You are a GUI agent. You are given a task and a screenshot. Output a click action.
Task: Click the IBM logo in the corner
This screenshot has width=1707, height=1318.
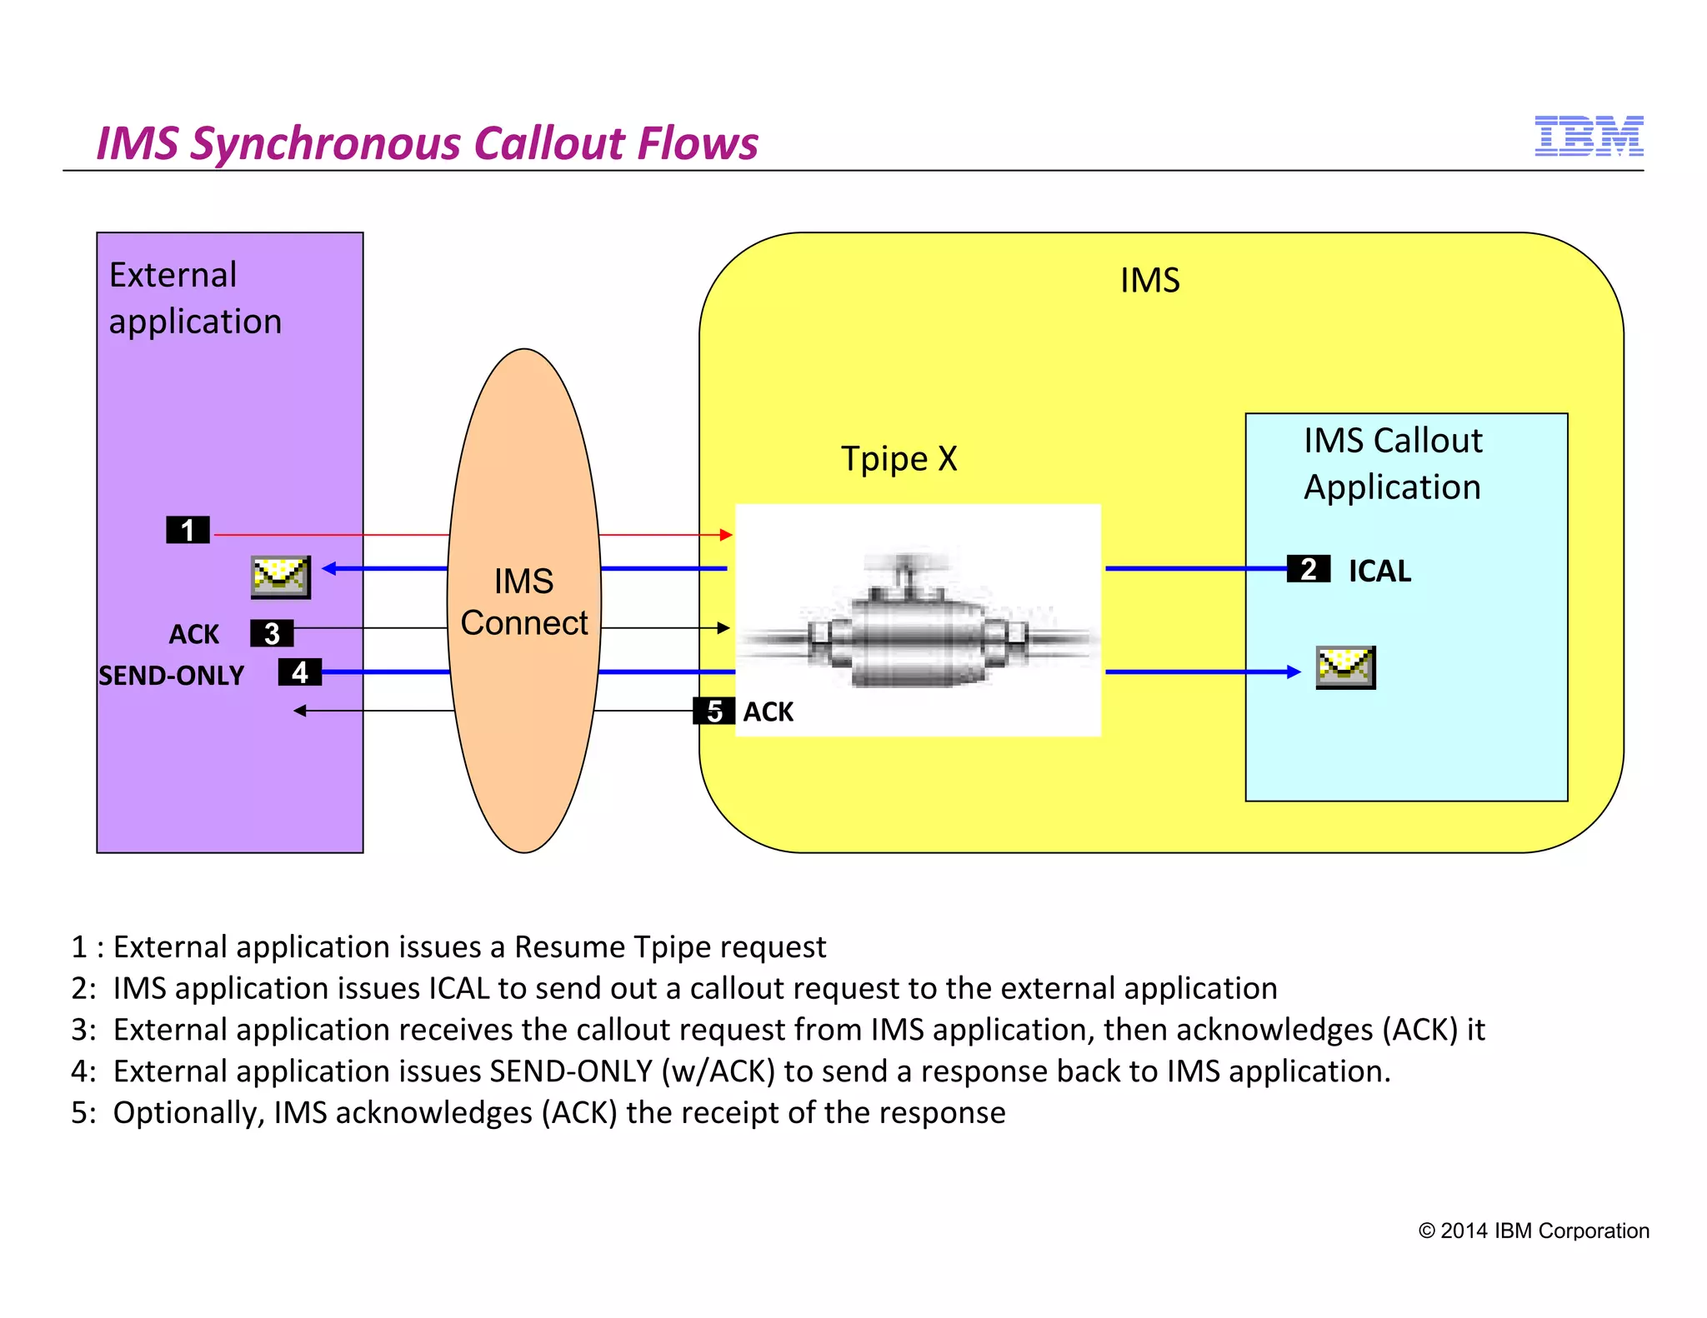[x=1588, y=137]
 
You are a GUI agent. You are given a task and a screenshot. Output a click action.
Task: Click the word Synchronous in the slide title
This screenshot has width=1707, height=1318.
[x=326, y=143]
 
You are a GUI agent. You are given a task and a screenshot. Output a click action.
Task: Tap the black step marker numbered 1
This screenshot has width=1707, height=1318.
[x=188, y=530]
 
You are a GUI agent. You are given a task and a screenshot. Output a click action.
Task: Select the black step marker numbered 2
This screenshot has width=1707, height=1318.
[x=1308, y=569]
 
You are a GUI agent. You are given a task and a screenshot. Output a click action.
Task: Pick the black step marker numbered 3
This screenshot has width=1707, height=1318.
[x=272, y=633]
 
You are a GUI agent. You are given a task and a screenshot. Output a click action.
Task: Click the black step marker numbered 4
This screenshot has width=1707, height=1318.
[x=299, y=671]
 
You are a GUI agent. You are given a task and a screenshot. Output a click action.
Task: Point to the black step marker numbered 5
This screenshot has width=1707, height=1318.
[x=714, y=711]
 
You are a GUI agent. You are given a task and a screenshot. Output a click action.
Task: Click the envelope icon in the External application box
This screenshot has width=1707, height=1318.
[x=281, y=577]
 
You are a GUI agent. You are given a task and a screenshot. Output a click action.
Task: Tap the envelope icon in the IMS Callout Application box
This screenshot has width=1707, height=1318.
[x=1345, y=667]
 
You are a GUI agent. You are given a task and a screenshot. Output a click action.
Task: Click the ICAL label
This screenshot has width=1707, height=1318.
[x=1379, y=571]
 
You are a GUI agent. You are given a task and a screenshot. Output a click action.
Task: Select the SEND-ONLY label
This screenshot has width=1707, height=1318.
[x=172, y=675]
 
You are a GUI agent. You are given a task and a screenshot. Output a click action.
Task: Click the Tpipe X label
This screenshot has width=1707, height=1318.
[x=899, y=458]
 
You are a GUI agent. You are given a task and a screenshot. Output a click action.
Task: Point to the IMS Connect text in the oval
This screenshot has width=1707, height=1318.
[x=524, y=602]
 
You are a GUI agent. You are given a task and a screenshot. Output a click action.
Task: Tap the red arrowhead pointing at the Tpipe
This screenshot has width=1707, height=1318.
[x=726, y=535]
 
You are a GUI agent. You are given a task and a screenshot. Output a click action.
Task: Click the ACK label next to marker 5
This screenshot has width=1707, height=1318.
[x=768, y=711]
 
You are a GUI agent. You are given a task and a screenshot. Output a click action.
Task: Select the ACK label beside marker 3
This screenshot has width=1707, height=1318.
[x=193, y=634]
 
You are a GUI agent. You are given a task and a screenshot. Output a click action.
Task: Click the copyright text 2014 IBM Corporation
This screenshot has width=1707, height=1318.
[x=1534, y=1231]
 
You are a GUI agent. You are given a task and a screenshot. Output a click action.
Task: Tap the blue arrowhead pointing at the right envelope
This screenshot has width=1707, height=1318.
[x=1293, y=671]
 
